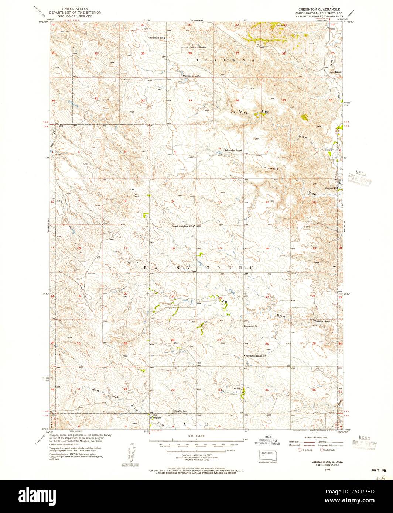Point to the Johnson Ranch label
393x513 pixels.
coord(198,48)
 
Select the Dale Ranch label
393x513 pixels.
coord(335,72)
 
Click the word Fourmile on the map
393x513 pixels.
coord(271,169)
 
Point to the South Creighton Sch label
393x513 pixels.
coord(256,356)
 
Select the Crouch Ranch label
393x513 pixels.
coord(322,321)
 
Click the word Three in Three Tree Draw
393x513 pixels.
coord(243,111)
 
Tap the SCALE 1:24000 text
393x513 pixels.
coord(196,436)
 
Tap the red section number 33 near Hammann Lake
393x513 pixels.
coord(191,100)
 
